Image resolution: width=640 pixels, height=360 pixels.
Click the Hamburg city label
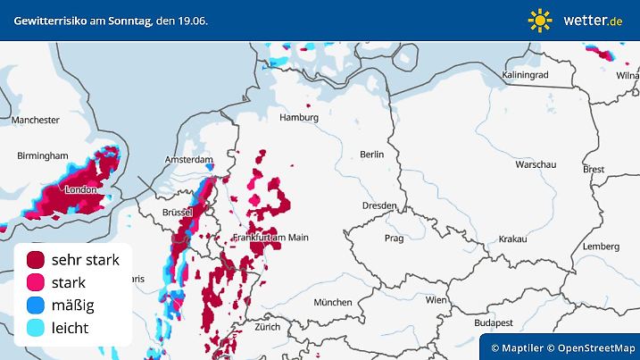click(x=299, y=117)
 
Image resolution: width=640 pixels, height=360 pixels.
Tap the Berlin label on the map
click(x=370, y=155)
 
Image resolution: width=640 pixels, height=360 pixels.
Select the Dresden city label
click(x=378, y=205)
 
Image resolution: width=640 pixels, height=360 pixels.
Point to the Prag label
click(x=394, y=239)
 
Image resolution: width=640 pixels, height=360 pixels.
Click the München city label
click(x=332, y=302)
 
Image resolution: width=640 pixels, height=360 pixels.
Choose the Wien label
click(x=436, y=300)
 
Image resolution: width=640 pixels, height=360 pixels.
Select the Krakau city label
click(x=512, y=239)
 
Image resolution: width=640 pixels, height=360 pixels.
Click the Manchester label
click(x=36, y=120)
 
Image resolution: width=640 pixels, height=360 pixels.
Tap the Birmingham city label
click(x=42, y=155)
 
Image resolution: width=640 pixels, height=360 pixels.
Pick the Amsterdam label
click(x=186, y=159)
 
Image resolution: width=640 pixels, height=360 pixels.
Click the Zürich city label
click(x=267, y=327)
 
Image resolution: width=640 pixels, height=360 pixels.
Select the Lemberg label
click(x=599, y=246)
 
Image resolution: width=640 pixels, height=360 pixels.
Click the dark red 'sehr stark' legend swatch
click(x=37, y=260)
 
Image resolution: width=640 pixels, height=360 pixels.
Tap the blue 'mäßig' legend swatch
click(x=37, y=306)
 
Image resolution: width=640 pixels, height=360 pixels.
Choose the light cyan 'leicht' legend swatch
click(x=37, y=328)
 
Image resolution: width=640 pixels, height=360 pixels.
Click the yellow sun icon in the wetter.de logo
click(x=540, y=20)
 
